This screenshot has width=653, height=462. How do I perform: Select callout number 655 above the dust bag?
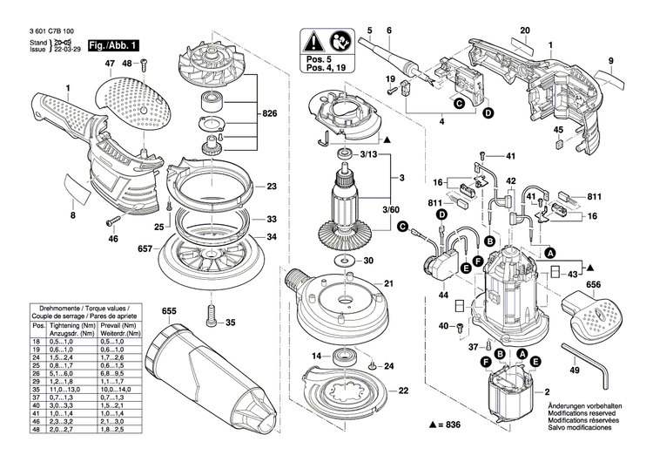tap(168, 310)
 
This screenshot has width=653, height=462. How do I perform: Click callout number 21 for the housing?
tap(389, 283)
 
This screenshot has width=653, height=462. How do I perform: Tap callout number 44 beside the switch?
tap(444, 296)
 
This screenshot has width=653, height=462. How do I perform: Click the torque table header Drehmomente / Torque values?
tap(83, 309)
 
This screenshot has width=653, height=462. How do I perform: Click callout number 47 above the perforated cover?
tap(111, 65)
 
